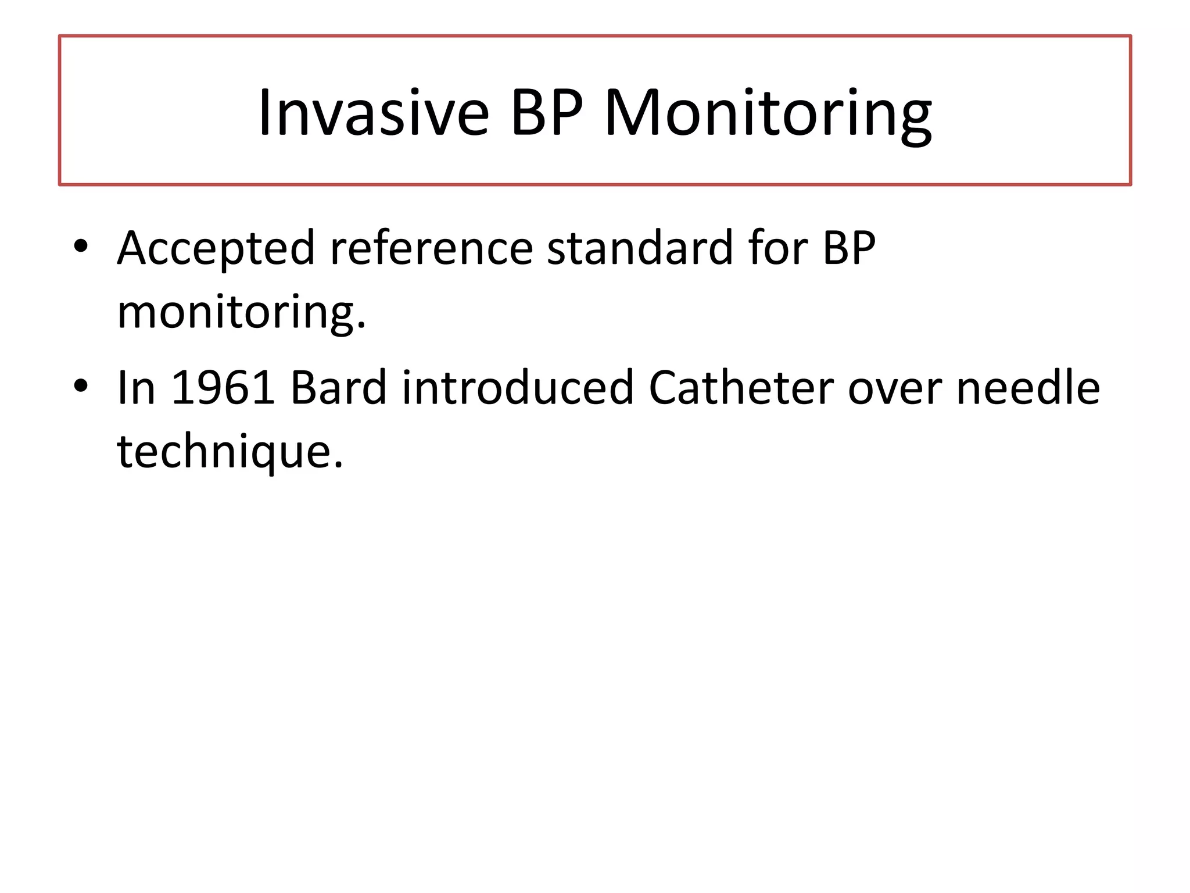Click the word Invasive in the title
click(374, 113)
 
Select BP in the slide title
click(546, 113)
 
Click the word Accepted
click(216, 249)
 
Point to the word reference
click(431, 249)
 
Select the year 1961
click(223, 388)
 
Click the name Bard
click(338, 388)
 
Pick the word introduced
click(518, 388)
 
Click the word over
click(895, 388)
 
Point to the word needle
click(1028, 388)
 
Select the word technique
click(225, 452)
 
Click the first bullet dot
click(81, 245)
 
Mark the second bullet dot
click(81, 385)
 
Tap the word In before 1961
click(136, 388)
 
